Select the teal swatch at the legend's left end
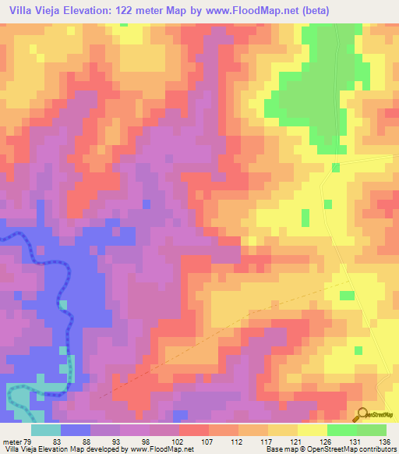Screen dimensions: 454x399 (x=46, y=430)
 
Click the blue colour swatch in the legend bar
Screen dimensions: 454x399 (x=76, y=430)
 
